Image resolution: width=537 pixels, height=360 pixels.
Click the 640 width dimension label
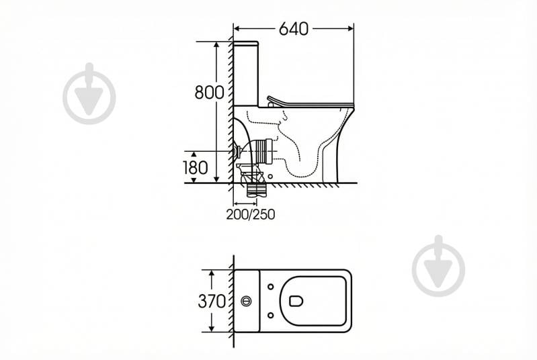(x=294, y=29)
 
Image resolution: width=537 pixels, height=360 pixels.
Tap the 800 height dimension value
(x=209, y=92)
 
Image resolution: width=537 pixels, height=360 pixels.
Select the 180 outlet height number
(x=195, y=168)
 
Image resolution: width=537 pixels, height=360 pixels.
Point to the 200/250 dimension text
(x=250, y=214)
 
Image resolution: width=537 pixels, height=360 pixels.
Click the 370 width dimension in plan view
(x=212, y=301)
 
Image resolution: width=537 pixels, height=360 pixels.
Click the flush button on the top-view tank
(x=246, y=301)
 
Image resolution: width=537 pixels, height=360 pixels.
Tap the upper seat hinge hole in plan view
(x=271, y=287)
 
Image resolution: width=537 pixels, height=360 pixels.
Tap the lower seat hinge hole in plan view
(x=271, y=315)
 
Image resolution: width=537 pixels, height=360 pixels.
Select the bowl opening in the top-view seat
(x=296, y=301)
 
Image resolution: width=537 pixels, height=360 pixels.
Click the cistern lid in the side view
(x=245, y=44)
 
